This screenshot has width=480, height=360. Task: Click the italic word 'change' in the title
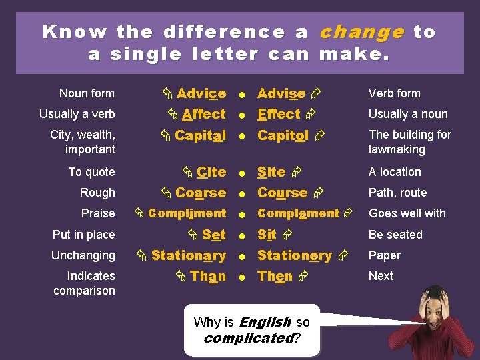(x=362, y=32)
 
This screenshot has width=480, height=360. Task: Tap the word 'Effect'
(x=279, y=114)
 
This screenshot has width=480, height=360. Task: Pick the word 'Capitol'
(x=283, y=135)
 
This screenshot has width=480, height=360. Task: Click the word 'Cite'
(x=211, y=172)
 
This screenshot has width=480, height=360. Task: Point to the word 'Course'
(x=282, y=193)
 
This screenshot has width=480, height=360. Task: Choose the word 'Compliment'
(x=187, y=213)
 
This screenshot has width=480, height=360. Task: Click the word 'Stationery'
(x=294, y=255)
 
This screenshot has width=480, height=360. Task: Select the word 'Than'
(x=207, y=276)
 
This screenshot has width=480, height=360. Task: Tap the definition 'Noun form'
(x=87, y=93)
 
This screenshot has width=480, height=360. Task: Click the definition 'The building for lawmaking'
(x=410, y=142)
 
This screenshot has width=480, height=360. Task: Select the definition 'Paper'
(x=385, y=255)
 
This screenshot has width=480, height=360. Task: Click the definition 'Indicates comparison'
(x=84, y=283)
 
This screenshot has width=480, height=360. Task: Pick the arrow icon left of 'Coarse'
(x=165, y=193)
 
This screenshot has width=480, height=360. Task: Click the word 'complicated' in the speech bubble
(x=248, y=338)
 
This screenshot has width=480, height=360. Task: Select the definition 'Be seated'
(x=395, y=235)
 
